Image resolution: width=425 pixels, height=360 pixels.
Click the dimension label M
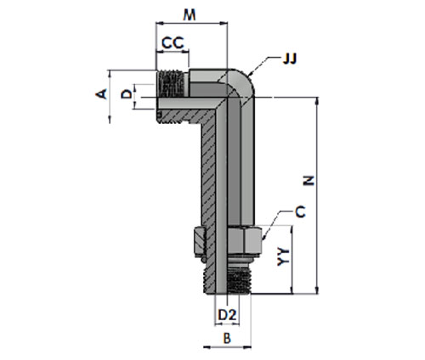190,14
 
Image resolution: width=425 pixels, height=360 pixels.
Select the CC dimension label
173,43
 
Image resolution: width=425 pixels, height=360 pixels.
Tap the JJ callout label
290,59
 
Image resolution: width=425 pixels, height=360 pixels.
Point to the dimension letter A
101,93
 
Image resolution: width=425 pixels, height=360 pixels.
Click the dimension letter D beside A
127,93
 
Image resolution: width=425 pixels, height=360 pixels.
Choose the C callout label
300,211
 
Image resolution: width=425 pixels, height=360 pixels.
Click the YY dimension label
283,256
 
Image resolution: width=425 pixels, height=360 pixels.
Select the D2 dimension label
227,314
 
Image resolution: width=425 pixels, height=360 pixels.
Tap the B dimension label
227,338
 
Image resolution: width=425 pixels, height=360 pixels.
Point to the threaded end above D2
239,280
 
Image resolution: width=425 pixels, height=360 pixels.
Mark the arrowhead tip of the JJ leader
247,76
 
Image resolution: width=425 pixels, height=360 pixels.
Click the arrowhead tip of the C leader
263,239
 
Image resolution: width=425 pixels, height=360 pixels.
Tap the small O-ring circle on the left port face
159,115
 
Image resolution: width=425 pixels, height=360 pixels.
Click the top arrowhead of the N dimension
317,98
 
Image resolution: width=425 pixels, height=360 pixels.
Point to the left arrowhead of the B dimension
204,346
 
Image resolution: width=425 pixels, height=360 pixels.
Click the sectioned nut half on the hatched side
199,241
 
